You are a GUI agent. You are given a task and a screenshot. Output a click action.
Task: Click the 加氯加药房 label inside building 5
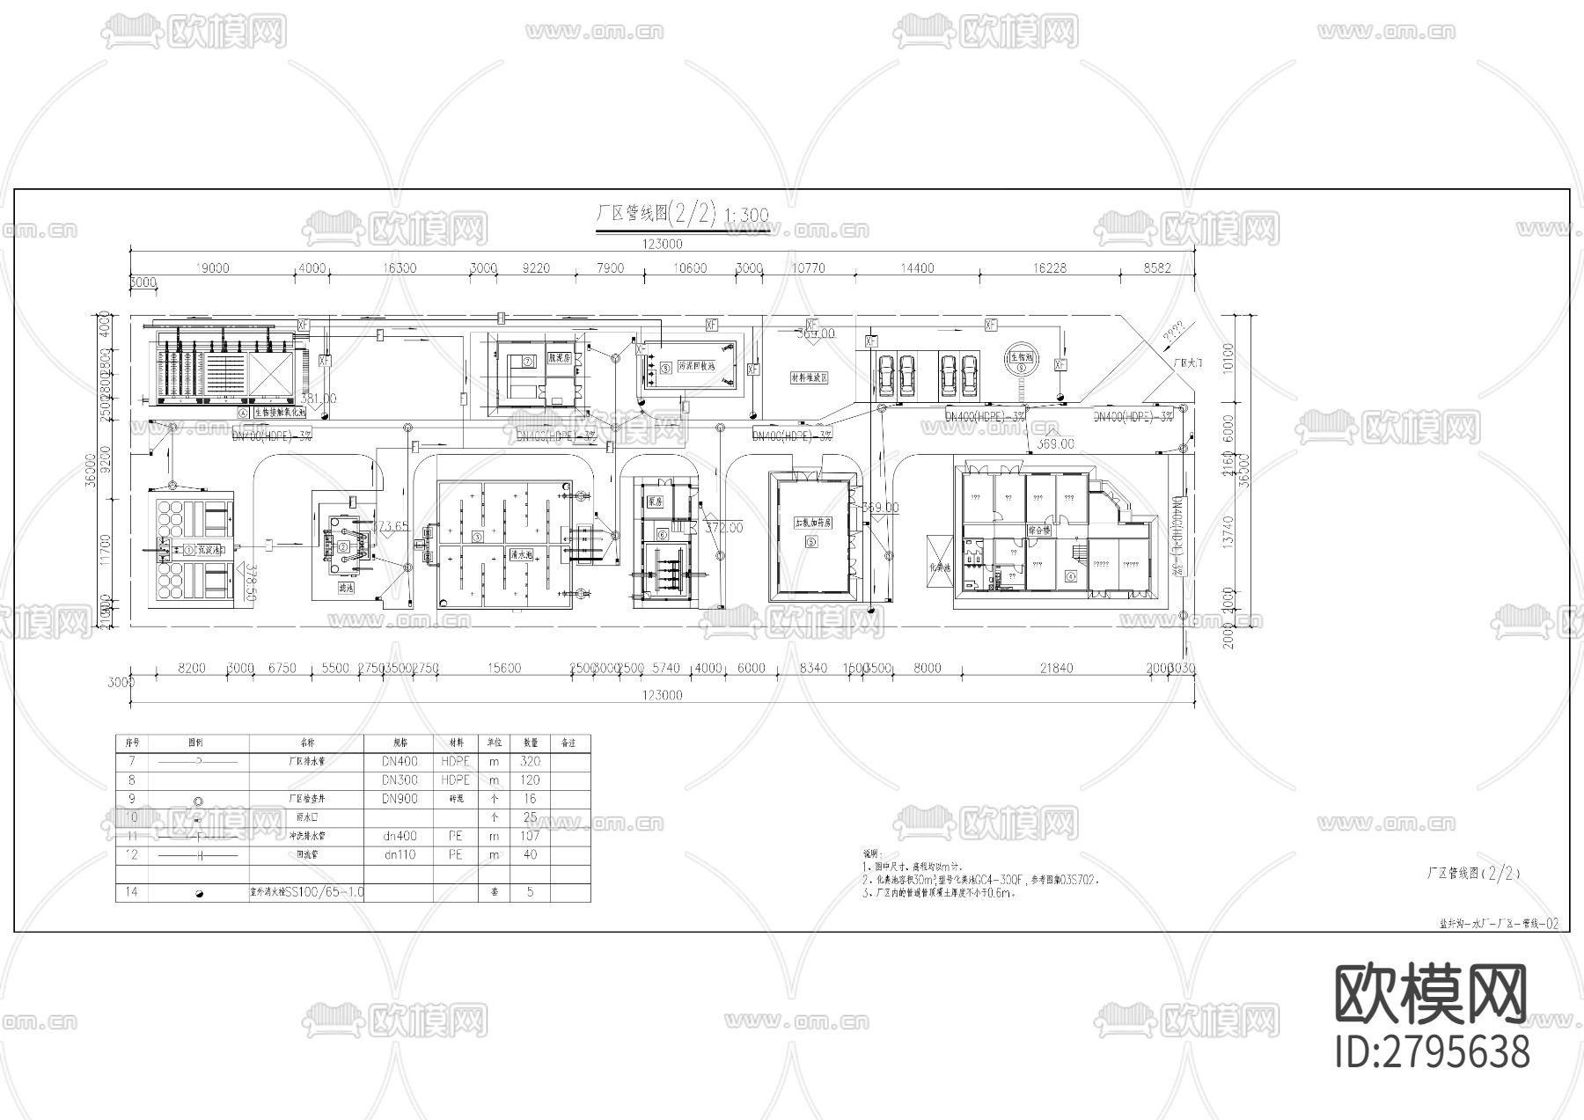pyautogui.click(x=812, y=523)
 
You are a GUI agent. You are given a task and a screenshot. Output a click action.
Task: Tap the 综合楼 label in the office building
pyautogui.click(x=1039, y=531)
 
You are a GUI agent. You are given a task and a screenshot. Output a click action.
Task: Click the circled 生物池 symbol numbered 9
pyautogui.click(x=1020, y=359)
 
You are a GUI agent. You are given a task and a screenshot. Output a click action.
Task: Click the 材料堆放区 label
pyautogui.click(x=810, y=377)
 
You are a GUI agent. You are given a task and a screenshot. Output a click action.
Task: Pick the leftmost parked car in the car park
pyautogui.click(x=885, y=374)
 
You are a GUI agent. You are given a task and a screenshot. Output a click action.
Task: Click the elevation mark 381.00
pyautogui.click(x=319, y=399)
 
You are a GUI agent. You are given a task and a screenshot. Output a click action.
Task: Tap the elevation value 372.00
pyautogui.click(x=724, y=528)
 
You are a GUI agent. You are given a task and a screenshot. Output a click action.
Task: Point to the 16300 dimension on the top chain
pyautogui.click(x=400, y=268)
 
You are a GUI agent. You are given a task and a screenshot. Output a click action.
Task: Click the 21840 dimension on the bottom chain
pyautogui.click(x=1056, y=669)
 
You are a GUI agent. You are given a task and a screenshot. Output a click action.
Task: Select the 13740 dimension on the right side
pyautogui.click(x=1229, y=530)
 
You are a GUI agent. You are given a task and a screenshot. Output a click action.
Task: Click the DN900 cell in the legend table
pyautogui.click(x=400, y=799)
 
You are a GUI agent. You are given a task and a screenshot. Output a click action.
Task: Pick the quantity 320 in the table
pyautogui.click(x=530, y=762)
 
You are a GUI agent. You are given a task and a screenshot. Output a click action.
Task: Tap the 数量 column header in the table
pyautogui.click(x=530, y=743)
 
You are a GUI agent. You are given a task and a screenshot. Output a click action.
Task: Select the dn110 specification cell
pyautogui.click(x=400, y=855)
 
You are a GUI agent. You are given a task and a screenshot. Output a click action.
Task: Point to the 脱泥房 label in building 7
pyautogui.click(x=560, y=359)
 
